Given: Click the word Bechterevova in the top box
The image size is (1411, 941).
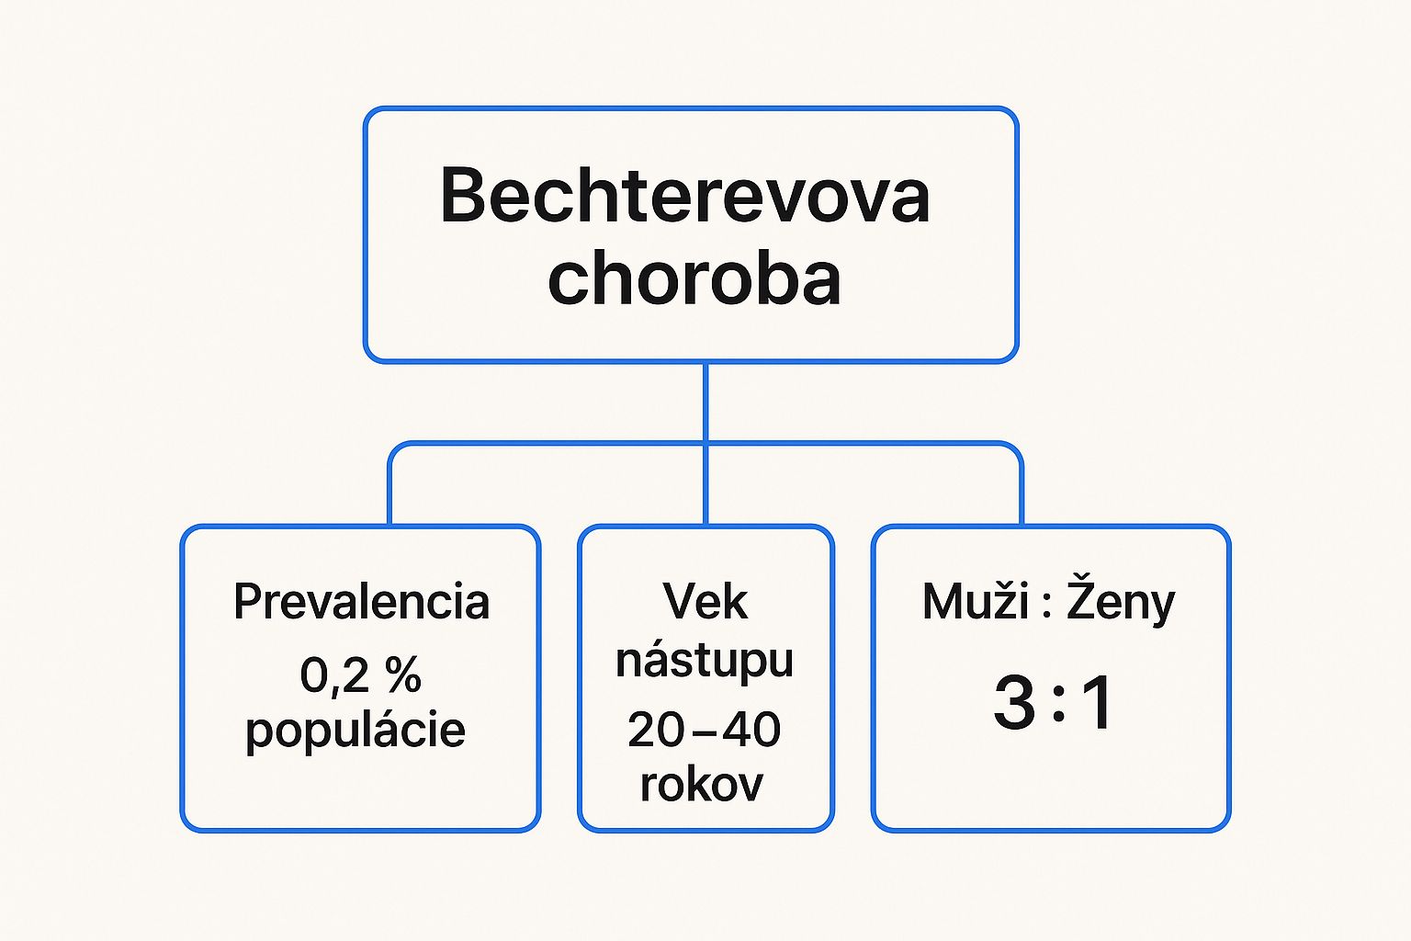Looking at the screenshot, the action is coord(684,195).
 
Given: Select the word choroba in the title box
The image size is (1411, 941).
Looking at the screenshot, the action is coord(694,277).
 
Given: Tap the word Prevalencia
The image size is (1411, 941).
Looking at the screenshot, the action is coord(362,602).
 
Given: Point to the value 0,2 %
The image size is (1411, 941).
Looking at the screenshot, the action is coord(360,675).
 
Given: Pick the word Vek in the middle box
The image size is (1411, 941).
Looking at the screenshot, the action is coord(705,602).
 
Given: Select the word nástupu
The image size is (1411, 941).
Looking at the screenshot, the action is coord(705,662).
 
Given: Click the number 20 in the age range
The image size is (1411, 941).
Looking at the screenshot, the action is coord(656,730).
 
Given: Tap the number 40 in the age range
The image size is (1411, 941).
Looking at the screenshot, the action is coord(751,730).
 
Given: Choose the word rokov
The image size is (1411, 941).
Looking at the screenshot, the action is coord(702,786).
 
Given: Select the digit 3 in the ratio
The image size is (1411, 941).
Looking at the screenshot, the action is coord(1014,702).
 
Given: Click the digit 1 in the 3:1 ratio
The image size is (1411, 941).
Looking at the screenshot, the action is coord(1096,702).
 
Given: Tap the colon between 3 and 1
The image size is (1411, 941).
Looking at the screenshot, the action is coord(1059,705).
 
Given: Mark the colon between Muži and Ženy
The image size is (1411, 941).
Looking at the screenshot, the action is coord(1047,607).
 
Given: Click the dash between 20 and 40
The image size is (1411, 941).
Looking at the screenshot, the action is coord(703,731).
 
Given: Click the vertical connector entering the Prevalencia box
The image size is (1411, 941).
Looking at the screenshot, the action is coord(389,492).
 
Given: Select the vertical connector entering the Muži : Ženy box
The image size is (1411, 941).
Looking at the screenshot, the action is coord(1022,492).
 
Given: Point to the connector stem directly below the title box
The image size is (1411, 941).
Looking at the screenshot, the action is coord(705,402).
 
